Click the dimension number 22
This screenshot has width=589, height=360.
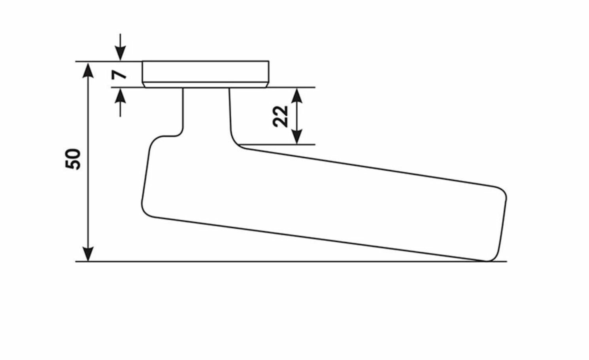pos(281,116)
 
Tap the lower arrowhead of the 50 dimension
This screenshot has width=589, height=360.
pos(89,254)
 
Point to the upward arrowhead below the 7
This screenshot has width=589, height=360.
pos(121,95)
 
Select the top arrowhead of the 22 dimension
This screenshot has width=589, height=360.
pos(297,95)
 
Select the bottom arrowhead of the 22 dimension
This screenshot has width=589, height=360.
pos(297,137)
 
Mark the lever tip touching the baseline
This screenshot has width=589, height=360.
pos(488,260)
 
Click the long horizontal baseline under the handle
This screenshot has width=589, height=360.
pos(277,261)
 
